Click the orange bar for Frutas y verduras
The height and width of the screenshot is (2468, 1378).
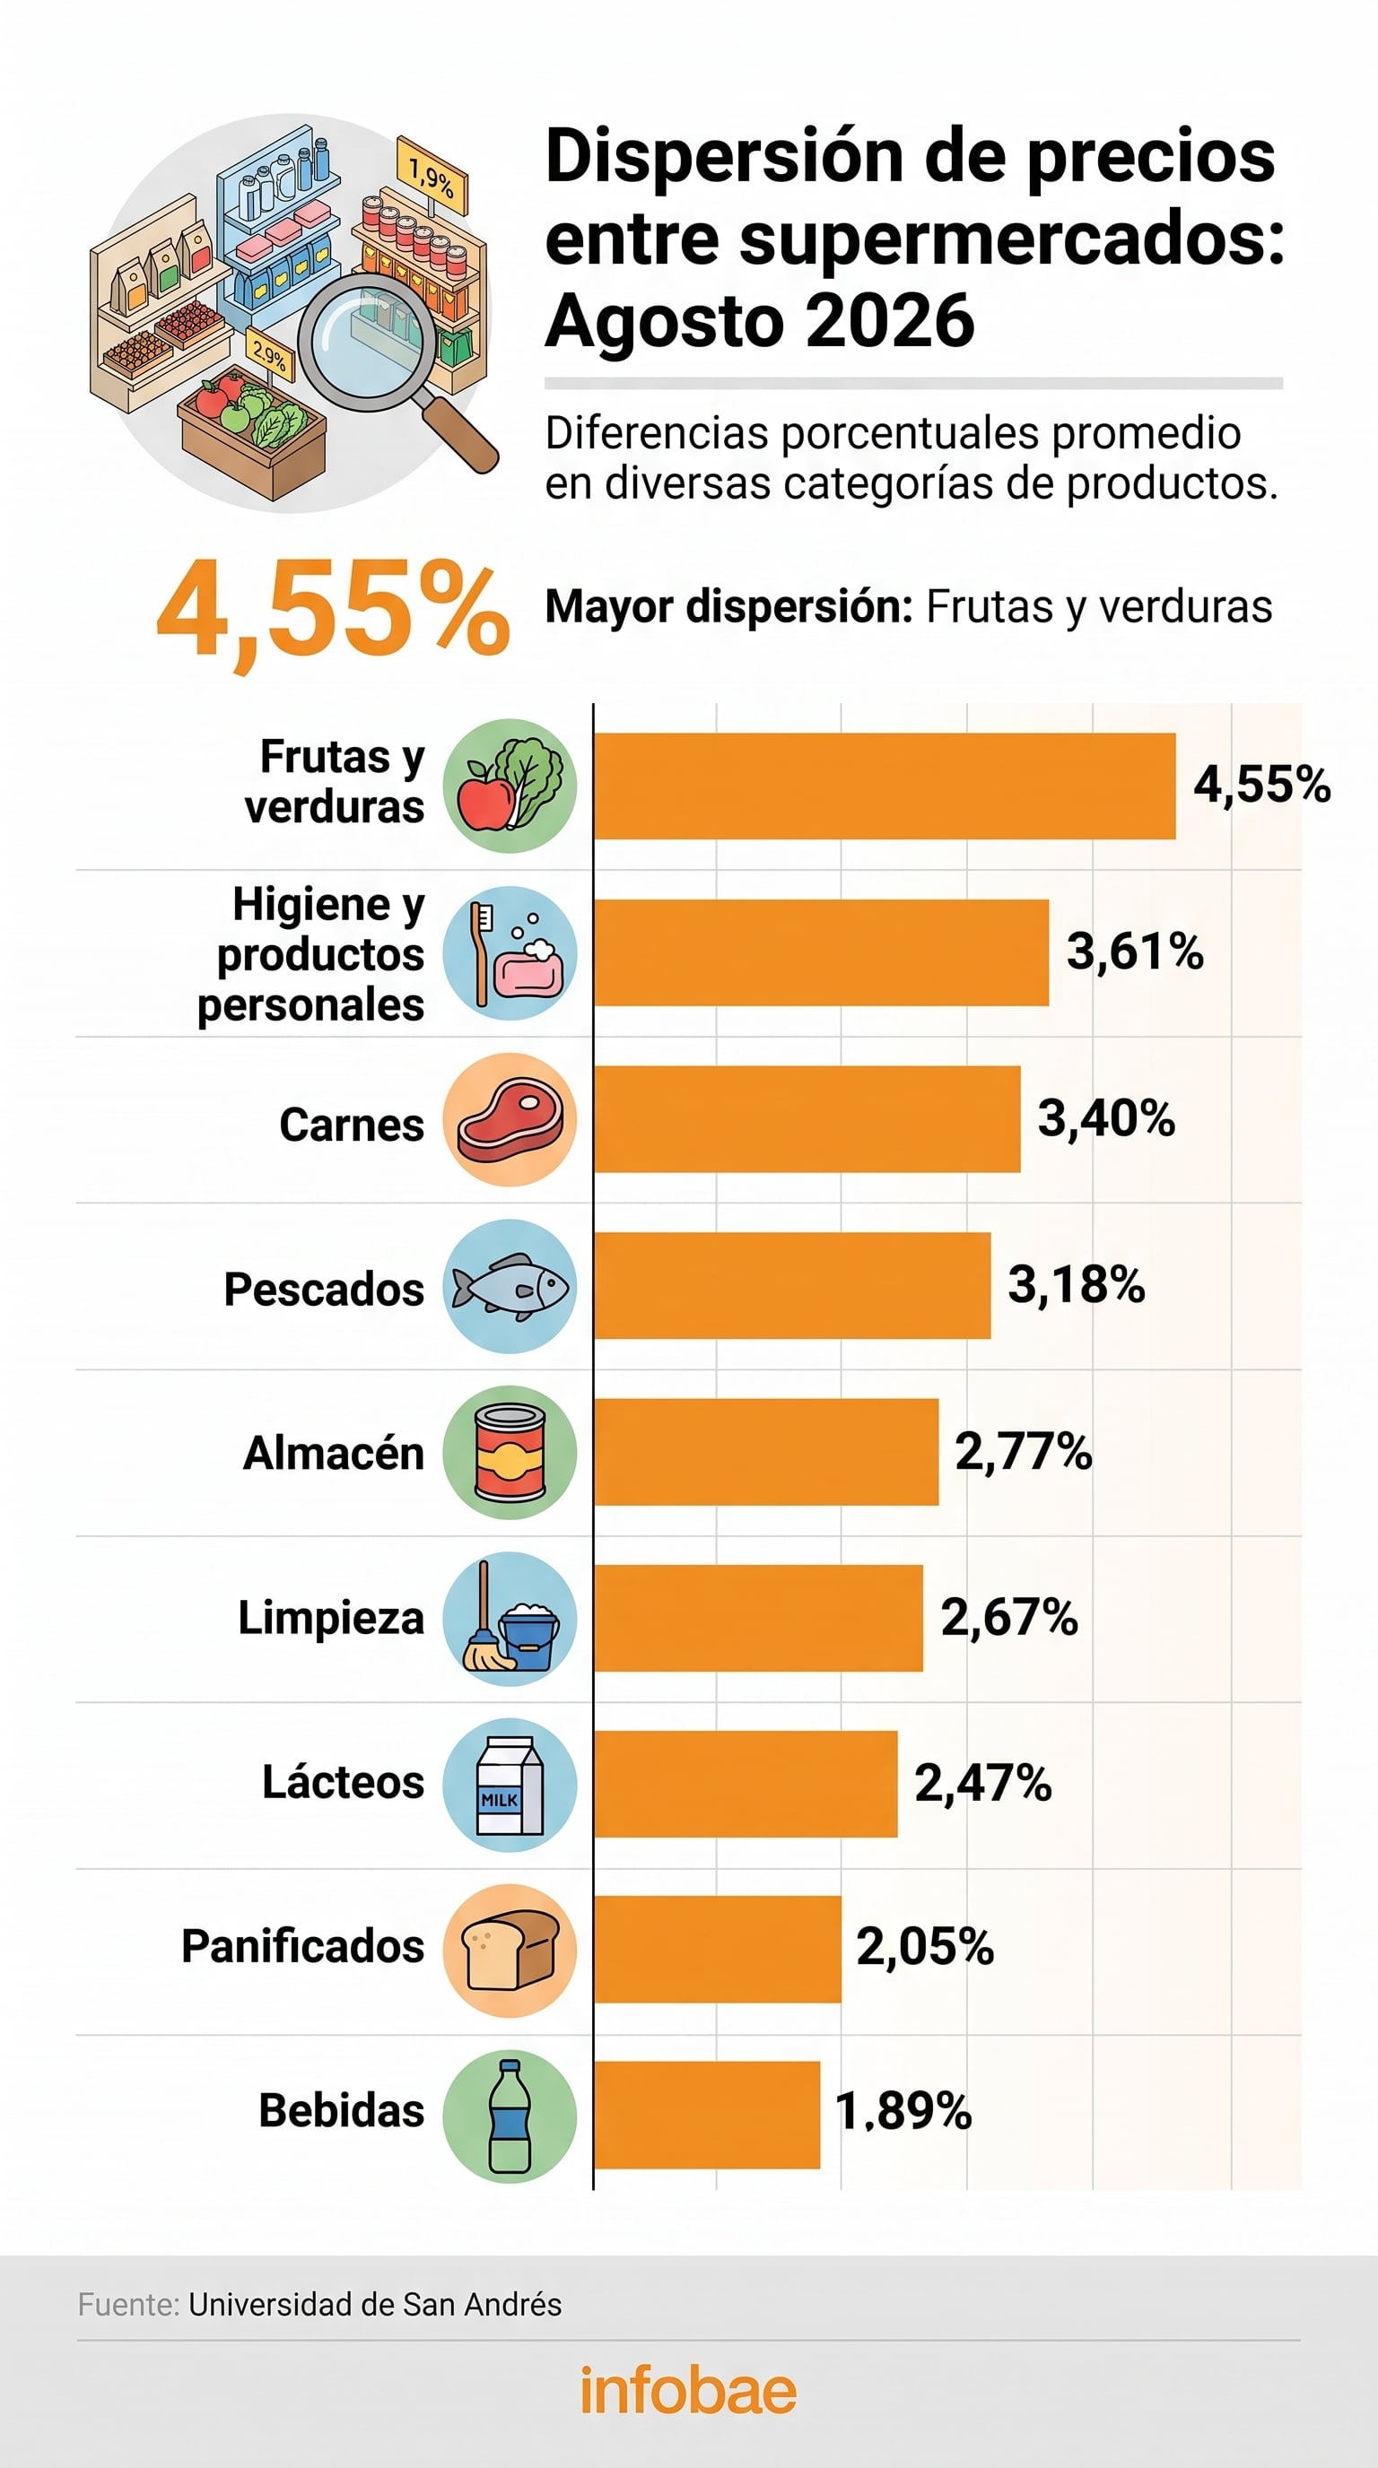885,786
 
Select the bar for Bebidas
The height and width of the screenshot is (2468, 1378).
707,2115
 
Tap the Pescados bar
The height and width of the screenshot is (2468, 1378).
792,1286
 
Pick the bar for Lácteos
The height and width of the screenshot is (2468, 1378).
746,1784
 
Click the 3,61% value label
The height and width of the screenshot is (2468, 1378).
1136,952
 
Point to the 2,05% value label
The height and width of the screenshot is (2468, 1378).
925,1946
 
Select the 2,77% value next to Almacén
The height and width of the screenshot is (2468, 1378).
1024,1452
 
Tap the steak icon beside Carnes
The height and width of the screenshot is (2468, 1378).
510,1120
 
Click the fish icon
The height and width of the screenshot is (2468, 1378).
510,1287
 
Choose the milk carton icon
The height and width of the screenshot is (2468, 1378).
510,1786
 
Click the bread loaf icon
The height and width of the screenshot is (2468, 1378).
510,1951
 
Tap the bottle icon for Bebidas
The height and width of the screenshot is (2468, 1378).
510,2116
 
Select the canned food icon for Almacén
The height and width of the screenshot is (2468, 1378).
510,1453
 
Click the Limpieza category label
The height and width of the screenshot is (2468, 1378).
331,1619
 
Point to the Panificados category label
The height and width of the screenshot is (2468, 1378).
303,1947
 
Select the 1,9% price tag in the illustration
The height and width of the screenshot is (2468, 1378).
432,177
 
